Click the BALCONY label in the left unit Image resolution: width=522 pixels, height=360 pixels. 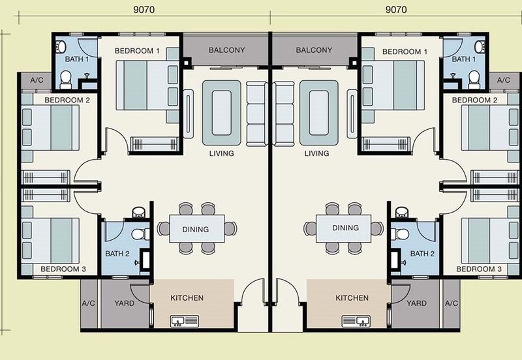click(226, 50)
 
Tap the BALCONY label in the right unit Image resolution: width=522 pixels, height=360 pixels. click(314, 50)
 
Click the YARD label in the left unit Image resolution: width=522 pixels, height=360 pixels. click(123, 303)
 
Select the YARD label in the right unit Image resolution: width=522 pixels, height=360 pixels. click(416, 303)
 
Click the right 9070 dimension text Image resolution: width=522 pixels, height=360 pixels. click(397, 10)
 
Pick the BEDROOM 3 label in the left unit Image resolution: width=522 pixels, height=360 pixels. click(65, 269)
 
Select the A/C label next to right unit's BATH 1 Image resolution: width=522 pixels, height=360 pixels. click(503, 80)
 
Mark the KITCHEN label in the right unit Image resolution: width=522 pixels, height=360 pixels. click(352, 298)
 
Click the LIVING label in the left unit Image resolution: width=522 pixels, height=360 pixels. click(222, 154)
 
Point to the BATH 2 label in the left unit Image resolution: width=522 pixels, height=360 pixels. click(119, 254)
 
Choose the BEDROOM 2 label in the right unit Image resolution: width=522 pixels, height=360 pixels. click(474, 100)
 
